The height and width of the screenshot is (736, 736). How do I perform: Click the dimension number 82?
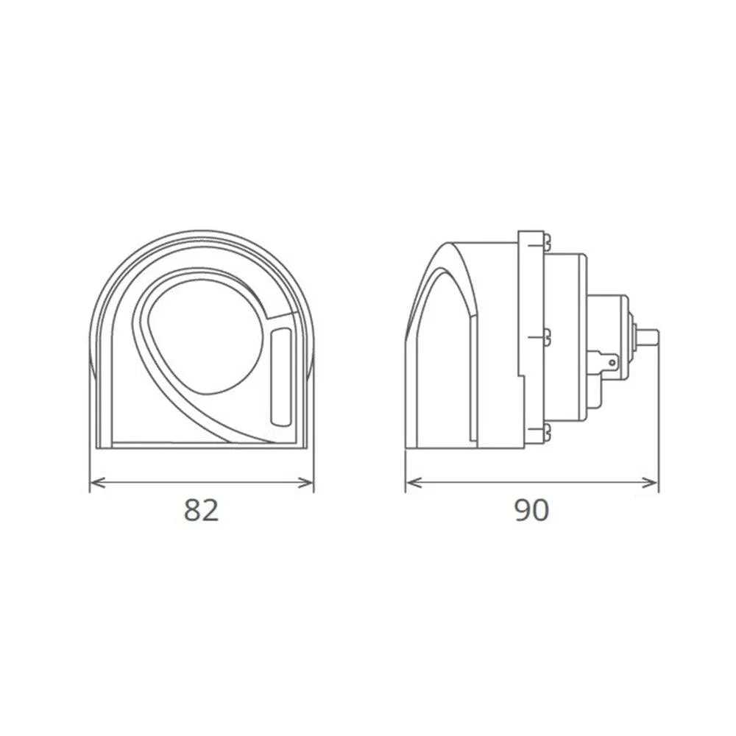pos(202,510)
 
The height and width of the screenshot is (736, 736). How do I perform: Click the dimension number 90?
pos(531,510)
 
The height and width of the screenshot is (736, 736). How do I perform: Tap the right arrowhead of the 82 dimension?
pos(309,483)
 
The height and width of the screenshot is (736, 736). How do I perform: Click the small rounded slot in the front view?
pos(280,377)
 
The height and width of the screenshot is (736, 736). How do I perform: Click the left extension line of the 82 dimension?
pos(90,427)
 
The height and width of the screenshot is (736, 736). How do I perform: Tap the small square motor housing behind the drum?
pos(609,324)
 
